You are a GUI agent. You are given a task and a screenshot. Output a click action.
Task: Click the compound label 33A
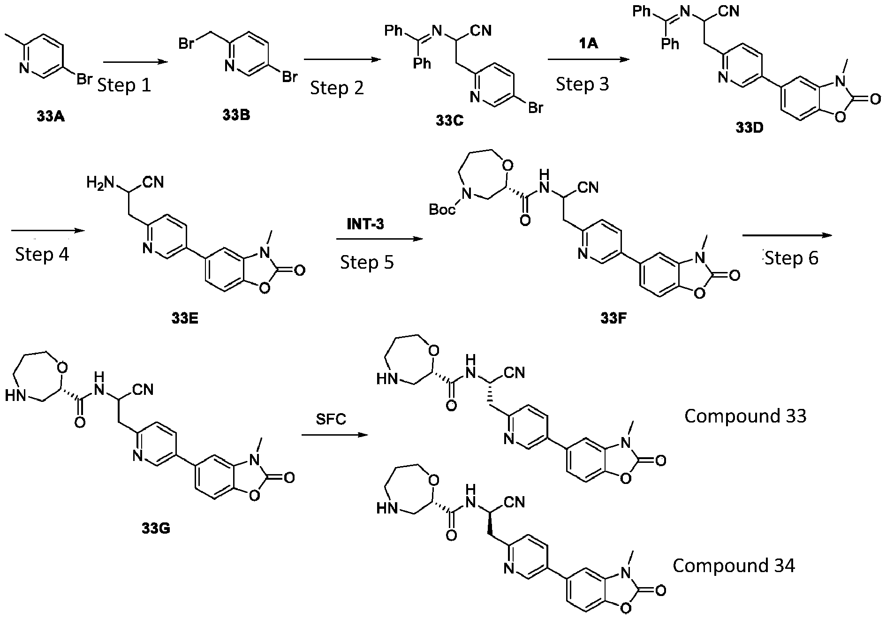[50, 116]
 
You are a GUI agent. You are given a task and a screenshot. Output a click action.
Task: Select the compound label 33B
[236, 115]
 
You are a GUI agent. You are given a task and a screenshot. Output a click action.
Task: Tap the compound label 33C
[449, 121]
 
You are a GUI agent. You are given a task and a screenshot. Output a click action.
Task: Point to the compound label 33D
[749, 127]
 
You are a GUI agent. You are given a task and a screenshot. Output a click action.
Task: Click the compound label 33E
[185, 319]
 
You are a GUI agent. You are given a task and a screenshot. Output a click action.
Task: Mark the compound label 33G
[156, 528]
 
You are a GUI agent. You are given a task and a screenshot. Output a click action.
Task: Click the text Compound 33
[745, 416]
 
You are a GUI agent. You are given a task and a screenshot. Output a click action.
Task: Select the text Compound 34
[734, 566]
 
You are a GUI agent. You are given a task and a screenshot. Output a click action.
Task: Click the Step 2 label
[337, 88]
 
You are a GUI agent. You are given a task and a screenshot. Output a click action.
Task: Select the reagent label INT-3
[365, 225]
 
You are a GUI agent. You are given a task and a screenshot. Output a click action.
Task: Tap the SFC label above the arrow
[331, 418]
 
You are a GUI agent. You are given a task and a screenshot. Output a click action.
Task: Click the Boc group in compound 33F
[442, 209]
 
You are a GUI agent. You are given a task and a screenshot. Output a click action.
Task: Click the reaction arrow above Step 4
[47, 230]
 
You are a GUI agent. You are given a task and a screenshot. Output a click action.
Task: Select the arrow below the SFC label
[333, 435]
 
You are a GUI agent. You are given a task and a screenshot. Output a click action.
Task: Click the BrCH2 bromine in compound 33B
[187, 45]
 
